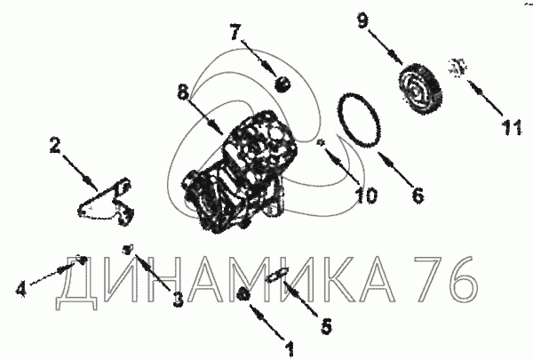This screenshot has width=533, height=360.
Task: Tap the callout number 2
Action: pyautogui.click(x=55, y=145)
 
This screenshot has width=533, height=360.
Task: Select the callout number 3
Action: pyautogui.click(x=178, y=300)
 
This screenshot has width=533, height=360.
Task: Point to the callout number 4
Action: pyautogui.click(x=21, y=289)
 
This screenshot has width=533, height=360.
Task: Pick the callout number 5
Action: pyautogui.click(x=326, y=326)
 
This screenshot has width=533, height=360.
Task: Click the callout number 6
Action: pyautogui.click(x=418, y=196)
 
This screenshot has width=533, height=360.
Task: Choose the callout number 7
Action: pyautogui.click(x=235, y=32)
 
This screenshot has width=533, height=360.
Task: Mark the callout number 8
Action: pyautogui.click(x=183, y=92)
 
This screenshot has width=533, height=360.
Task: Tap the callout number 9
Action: pyautogui.click(x=362, y=21)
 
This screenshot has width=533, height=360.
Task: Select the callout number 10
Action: pyautogui.click(x=365, y=196)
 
